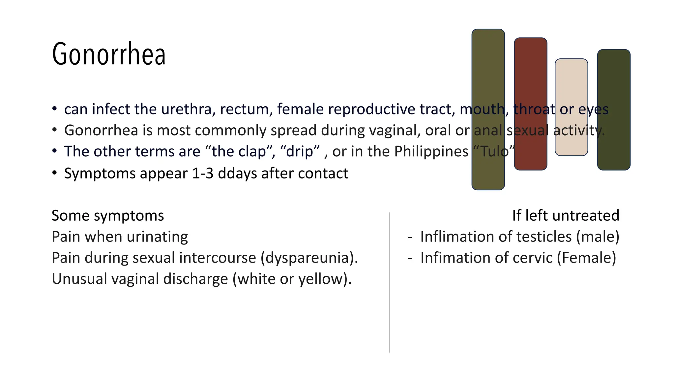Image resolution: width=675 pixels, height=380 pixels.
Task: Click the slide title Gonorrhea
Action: tap(109, 54)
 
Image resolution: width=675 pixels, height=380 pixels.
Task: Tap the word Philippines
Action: tap(431, 152)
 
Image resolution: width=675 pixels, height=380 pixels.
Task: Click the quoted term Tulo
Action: tap(494, 152)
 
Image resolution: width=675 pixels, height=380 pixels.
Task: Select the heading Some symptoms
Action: tap(108, 216)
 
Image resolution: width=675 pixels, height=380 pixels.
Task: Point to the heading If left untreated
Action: tap(566, 216)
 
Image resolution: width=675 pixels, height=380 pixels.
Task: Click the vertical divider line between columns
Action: tap(389, 297)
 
